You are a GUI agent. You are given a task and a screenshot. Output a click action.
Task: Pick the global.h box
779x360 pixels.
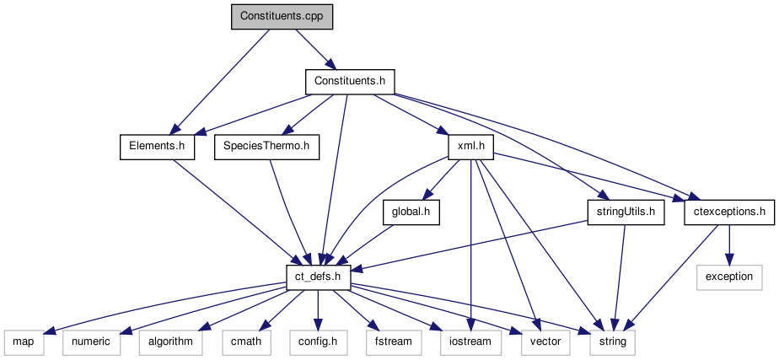pyautogui.click(x=411, y=212)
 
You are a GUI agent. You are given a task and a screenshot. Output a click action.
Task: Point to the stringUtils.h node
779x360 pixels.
pyautogui.click(x=625, y=212)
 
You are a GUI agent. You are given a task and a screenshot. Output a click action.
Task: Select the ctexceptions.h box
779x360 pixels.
pyautogui.click(x=729, y=212)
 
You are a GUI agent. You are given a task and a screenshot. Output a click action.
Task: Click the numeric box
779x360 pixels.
pyautogui.click(x=91, y=342)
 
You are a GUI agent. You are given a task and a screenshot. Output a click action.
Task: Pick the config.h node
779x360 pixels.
pyautogui.click(x=318, y=342)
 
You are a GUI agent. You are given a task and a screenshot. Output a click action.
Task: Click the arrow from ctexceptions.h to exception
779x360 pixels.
pyautogui.click(x=729, y=244)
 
